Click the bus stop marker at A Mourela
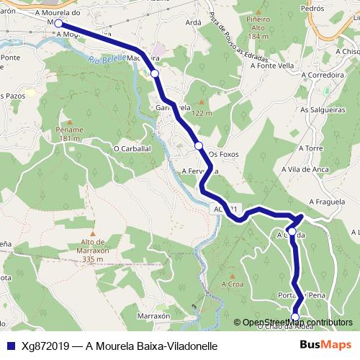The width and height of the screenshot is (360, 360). coord(58,24)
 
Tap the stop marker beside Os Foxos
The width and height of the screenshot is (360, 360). coord(198,146)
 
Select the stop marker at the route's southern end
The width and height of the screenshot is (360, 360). coord(294,317)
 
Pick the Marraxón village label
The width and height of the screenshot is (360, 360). coord(153,316)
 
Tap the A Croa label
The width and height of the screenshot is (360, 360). coord(232,285)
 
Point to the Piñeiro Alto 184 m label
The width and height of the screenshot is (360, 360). coord(256,29)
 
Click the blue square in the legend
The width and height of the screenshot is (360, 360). coord(11,346)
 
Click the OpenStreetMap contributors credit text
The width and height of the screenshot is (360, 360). coord(297,323)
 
